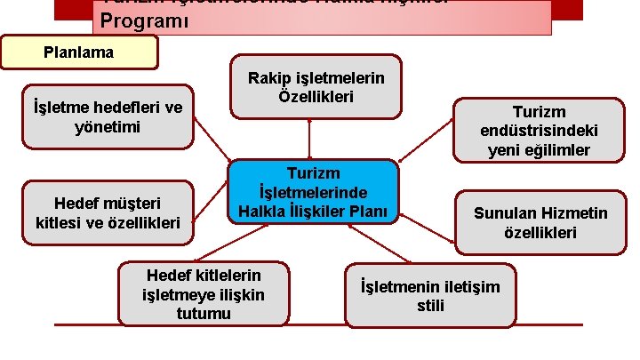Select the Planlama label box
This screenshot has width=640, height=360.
point(79,52)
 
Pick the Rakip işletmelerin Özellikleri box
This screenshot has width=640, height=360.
point(316,86)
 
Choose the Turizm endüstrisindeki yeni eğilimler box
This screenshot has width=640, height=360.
point(539,130)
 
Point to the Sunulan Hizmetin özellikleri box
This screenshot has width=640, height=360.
point(540,223)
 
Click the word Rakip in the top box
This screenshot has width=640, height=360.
point(268,78)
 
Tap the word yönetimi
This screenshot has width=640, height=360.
point(108,127)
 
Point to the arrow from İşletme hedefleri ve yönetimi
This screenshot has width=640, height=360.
point(213,144)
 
